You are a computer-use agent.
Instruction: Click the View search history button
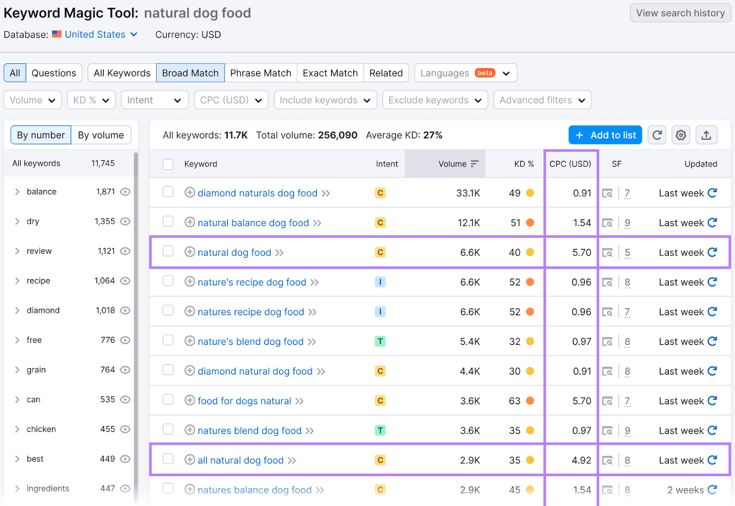pos(680,13)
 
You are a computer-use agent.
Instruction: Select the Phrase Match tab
pos(260,73)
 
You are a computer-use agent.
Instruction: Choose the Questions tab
pos(54,73)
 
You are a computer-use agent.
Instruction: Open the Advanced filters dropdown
pos(542,100)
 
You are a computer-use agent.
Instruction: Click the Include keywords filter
pos(325,100)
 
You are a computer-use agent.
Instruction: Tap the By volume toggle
pos(101,135)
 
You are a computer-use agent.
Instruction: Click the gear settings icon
pos(681,135)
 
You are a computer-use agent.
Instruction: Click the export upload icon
pos(706,135)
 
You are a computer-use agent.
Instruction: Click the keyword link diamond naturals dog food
pos(257,193)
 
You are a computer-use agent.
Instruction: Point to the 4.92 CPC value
pos(581,460)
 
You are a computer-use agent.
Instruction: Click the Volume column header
pos(452,164)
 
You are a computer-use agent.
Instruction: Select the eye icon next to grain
pos(125,370)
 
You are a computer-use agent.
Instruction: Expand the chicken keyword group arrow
pos(17,429)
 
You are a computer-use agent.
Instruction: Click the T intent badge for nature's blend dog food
pos(380,341)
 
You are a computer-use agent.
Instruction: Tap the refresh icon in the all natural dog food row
pos(712,460)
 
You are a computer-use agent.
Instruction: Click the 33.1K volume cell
pos(468,193)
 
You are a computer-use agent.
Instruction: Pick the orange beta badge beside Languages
pos(485,73)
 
